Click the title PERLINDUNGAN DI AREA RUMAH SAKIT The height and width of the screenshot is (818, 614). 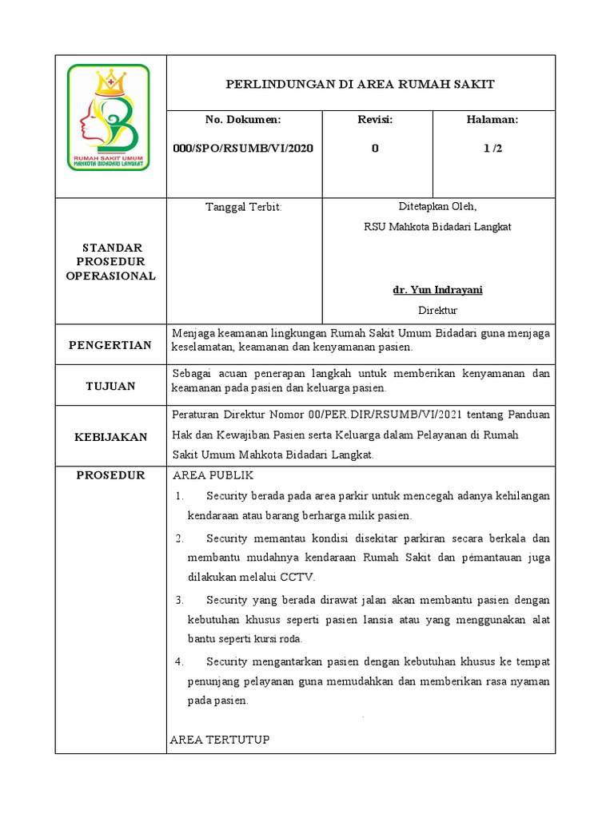(x=361, y=84)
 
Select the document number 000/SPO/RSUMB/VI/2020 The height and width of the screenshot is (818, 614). (x=243, y=149)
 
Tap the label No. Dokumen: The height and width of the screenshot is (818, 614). (x=243, y=119)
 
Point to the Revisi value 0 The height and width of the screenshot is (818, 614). (x=375, y=149)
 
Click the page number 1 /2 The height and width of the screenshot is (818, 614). (x=492, y=149)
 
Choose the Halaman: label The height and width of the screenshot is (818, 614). (x=492, y=119)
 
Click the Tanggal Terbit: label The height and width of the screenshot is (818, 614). (x=244, y=207)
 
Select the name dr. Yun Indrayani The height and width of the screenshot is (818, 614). (x=437, y=290)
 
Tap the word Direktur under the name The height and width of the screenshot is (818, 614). (x=437, y=311)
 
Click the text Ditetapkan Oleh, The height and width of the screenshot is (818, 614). (x=437, y=206)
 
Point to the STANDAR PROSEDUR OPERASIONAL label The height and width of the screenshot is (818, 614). (x=110, y=262)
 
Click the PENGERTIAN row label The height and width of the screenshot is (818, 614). (x=110, y=345)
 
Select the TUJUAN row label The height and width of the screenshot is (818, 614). (x=110, y=386)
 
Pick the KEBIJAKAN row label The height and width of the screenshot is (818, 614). (x=110, y=437)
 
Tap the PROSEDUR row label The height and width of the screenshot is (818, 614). (x=110, y=475)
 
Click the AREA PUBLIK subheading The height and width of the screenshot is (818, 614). (x=213, y=476)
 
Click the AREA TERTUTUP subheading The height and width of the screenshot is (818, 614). (x=220, y=740)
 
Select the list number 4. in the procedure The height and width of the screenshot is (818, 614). (x=180, y=661)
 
